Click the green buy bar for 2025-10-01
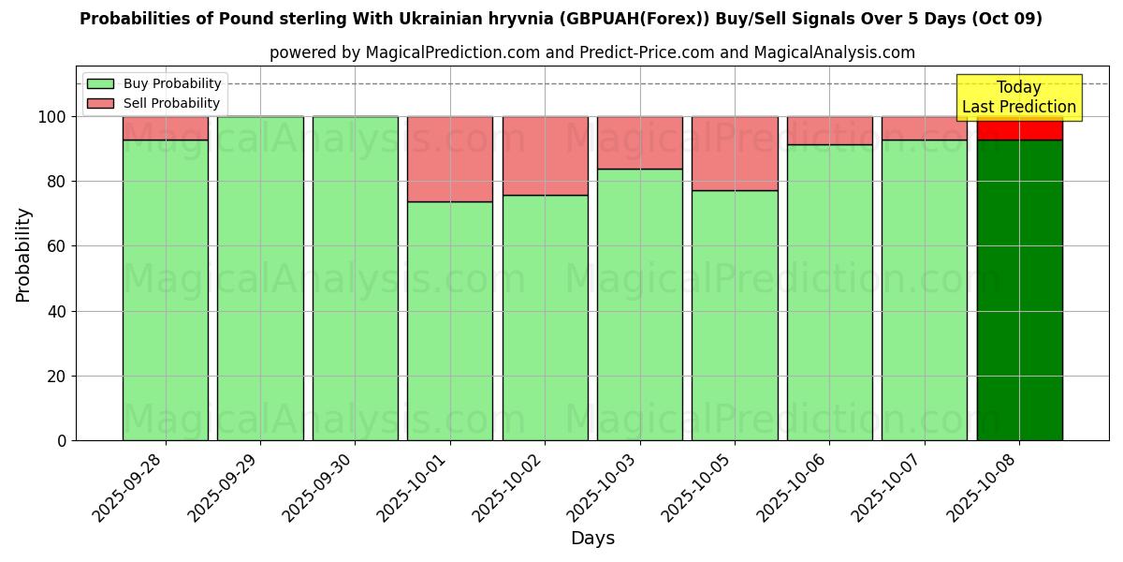450,320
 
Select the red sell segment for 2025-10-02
545,155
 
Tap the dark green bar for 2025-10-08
1019,290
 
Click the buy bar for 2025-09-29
260,278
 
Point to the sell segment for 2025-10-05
735,154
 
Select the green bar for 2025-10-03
640,304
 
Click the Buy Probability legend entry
153,83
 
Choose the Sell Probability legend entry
153,103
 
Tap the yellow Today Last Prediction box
1019,97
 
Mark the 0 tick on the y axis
62,440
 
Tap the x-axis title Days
592,539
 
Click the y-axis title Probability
23,255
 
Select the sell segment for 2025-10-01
450,159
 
